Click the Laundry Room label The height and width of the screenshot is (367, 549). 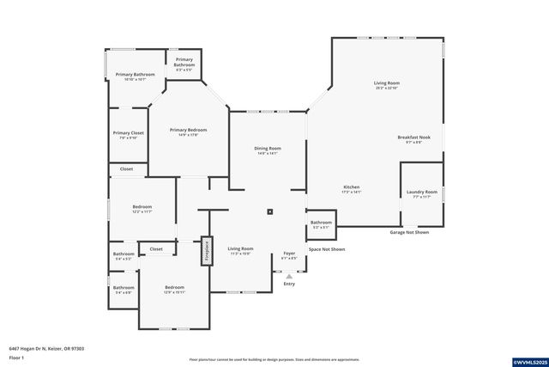422,194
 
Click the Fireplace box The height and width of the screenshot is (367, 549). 206,251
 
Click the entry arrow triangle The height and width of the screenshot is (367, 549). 289,276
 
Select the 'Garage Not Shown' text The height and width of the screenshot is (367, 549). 409,232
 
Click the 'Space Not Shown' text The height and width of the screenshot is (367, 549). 327,249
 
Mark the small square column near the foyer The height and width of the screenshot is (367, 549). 270,211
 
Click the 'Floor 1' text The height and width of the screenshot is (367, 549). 16,357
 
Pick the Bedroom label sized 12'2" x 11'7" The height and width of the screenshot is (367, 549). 142,209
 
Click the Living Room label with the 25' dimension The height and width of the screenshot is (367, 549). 387,85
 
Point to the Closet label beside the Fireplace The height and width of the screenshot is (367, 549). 156,249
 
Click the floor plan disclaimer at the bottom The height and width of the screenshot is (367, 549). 274,359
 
